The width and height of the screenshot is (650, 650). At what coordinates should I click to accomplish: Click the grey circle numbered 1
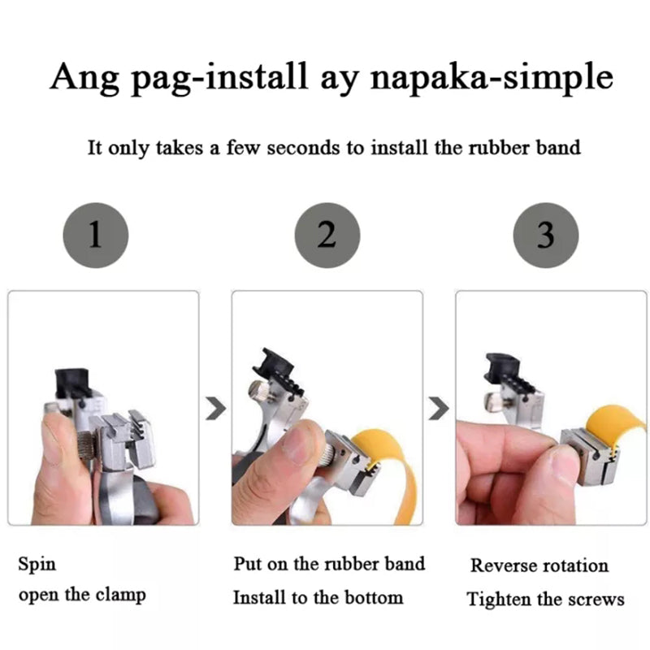pyautogui.click(x=96, y=235)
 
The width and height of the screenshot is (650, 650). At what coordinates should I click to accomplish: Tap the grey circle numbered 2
pyautogui.click(x=327, y=235)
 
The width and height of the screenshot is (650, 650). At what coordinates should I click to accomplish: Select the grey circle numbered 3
pyautogui.click(x=545, y=235)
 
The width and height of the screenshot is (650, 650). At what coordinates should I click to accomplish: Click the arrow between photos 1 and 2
pyautogui.click(x=216, y=409)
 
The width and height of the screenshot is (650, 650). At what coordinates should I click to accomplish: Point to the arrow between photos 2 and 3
pyautogui.click(x=439, y=409)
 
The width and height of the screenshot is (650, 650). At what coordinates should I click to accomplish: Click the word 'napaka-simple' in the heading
pyautogui.click(x=492, y=77)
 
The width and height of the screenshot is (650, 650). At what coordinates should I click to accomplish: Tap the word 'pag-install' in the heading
pyautogui.click(x=219, y=77)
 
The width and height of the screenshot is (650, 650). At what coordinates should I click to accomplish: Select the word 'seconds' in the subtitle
pyautogui.click(x=303, y=148)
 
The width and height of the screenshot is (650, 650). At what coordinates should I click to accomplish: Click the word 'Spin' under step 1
pyautogui.click(x=37, y=565)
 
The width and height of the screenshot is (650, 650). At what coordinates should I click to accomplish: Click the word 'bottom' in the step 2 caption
pyautogui.click(x=374, y=598)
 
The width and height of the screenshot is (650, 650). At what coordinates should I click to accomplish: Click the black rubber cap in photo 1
pyautogui.click(x=72, y=383)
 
